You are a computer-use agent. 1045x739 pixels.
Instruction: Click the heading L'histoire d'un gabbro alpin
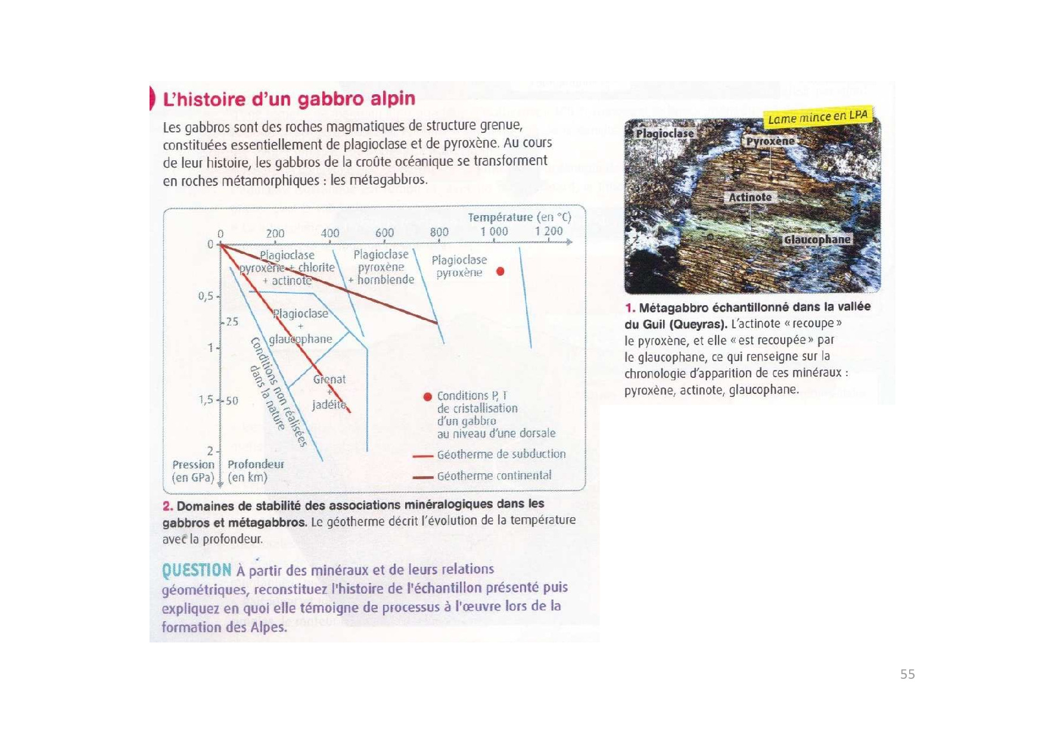(289, 99)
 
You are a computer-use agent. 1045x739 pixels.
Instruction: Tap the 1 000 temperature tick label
(494, 231)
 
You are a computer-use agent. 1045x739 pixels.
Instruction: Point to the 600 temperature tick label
(384, 232)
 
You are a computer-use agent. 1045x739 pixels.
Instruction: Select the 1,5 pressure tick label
(206, 399)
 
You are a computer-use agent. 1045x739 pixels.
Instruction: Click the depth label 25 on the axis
(232, 322)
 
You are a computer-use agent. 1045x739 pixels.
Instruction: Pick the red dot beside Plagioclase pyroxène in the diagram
(500, 272)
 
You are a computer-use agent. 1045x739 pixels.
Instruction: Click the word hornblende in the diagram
(385, 280)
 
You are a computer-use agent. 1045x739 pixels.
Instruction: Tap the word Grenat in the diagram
(329, 379)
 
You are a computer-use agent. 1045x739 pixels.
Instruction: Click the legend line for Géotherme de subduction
(422, 456)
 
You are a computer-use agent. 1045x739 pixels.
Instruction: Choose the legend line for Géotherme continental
(422, 477)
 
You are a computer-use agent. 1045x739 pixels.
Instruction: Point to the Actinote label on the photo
(750, 197)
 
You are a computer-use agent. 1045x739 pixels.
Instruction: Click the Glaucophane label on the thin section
(817, 240)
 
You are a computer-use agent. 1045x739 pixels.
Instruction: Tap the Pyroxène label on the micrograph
(770, 141)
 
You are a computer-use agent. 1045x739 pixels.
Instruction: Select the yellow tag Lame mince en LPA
(817, 117)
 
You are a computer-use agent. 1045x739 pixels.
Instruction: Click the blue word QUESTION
(197, 570)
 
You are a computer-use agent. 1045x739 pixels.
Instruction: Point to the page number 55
(907, 674)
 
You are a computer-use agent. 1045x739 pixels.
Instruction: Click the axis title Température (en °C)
(519, 218)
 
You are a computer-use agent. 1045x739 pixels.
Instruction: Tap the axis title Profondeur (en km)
(256, 470)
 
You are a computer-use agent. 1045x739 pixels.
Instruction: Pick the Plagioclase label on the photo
(664, 133)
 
